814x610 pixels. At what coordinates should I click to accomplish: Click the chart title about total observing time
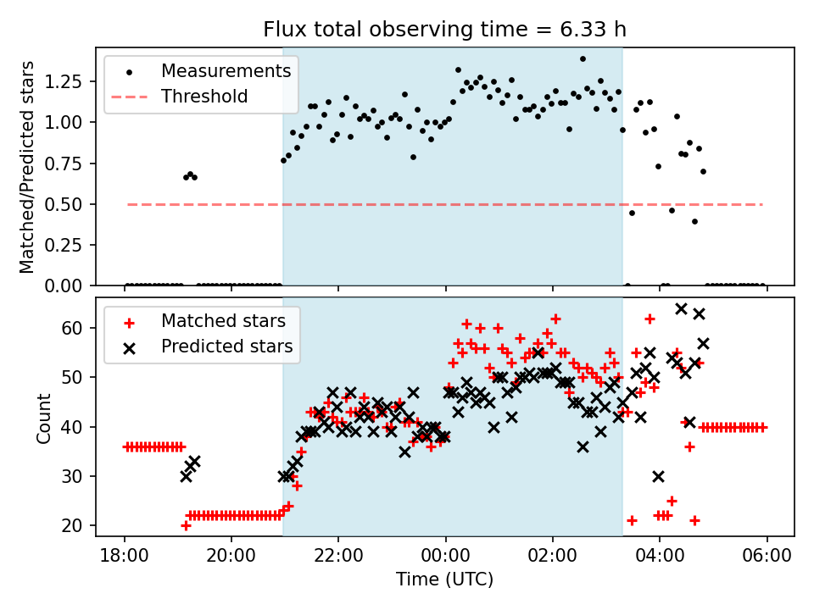coord(444,30)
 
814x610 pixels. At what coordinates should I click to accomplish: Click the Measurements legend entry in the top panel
coord(226,70)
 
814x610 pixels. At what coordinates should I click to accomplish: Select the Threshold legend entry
coord(204,97)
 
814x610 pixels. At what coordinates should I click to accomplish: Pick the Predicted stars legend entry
coord(226,346)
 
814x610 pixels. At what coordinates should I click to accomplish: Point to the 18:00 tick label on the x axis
coord(125,558)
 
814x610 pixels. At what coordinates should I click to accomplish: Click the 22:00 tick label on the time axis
coord(338,558)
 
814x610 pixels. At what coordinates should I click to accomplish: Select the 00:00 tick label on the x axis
coord(445,558)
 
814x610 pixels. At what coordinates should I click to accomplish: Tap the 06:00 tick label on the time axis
coord(767,558)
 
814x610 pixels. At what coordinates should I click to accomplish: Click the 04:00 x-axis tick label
coord(660,558)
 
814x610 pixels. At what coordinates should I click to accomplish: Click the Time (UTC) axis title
coord(444,580)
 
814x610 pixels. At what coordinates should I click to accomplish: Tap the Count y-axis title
coord(43,418)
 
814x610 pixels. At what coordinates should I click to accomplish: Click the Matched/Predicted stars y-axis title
coord(27,167)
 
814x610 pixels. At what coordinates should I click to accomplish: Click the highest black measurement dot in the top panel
coord(583,59)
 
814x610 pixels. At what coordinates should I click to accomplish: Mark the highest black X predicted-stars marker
coord(681,308)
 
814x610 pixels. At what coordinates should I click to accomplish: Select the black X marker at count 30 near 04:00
coord(659,476)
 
